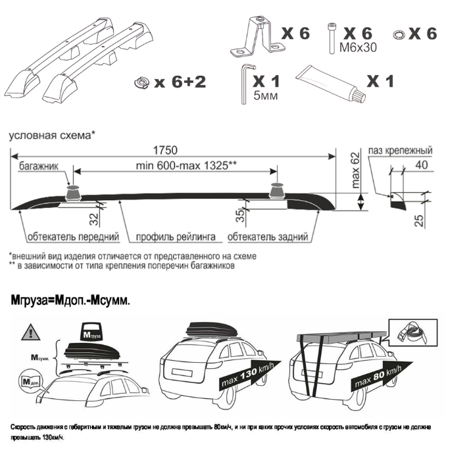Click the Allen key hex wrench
pyautogui.click(x=244, y=84)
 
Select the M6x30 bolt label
pyautogui.click(x=358, y=47)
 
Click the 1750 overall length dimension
pyautogui.click(x=165, y=150)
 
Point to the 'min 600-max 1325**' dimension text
pyautogui.click(x=186, y=166)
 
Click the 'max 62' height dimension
pyautogui.click(x=355, y=170)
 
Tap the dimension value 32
pyautogui.click(x=94, y=219)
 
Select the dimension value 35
pyautogui.click(x=240, y=215)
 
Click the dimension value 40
pyautogui.click(x=422, y=165)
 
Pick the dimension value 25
pyautogui.click(x=420, y=221)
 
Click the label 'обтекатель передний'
pyautogui.click(x=73, y=237)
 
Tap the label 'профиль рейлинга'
pyautogui.click(x=176, y=237)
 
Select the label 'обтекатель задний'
pyautogui.click(x=268, y=237)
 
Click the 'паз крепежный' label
pyautogui.click(x=401, y=151)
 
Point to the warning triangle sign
pyautogui.click(x=31, y=332)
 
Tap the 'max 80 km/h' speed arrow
pyautogui.click(x=382, y=376)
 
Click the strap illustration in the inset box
pyautogui.click(x=413, y=332)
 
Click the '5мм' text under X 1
pyautogui.click(x=266, y=96)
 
